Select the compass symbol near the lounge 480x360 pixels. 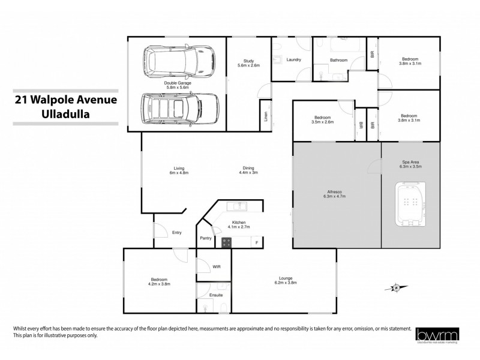(395, 289)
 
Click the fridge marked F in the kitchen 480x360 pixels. (257, 242)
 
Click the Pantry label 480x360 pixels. (206, 238)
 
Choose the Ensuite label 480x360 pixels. (216, 295)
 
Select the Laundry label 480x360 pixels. (294, 59)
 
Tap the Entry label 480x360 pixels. (176, 232)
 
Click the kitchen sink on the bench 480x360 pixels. (239, 206)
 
